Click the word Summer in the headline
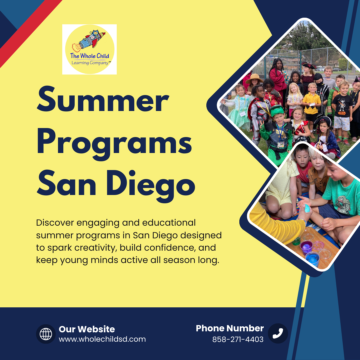tap(103, 99)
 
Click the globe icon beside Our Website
tap(46, 334)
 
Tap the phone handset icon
tap(278, 333)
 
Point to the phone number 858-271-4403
tap(238, 339)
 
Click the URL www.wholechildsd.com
tap(102, 339)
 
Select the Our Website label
tap(87, 329)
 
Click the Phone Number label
tap(230, 328)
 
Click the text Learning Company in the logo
tap(90, 63)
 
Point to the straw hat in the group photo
tap(254, 79)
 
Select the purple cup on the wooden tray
tap(306, 247)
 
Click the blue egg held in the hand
tap(307, 208)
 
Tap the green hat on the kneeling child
tap(277, 110)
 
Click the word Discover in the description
tap(55, 223)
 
